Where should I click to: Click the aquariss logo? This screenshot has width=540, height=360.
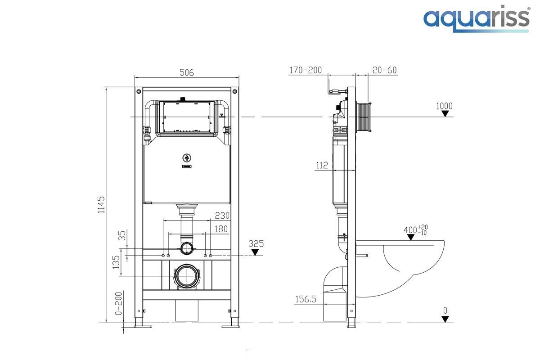(x=476, y=19)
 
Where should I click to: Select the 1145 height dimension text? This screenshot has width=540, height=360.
(x=101, y=204)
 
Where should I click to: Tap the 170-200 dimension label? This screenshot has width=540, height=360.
(x=306, y=70)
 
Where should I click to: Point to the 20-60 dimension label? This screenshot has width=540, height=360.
(x=384, y=70)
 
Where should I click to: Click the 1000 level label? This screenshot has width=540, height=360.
(x=444, y=106)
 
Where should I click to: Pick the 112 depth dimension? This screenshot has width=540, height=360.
(x=322, y=165)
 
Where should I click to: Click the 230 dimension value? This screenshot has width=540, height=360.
(x=222, y=216)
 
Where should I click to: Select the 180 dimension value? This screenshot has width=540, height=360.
(x=221, y=229)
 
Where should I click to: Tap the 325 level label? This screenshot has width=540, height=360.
(x=256, y=243)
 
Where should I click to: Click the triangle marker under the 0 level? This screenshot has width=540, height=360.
(x=445, y=319)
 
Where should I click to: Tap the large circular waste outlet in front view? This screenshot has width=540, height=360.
(x=186, y=276)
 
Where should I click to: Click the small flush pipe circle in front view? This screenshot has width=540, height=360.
(x=186, y=248)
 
